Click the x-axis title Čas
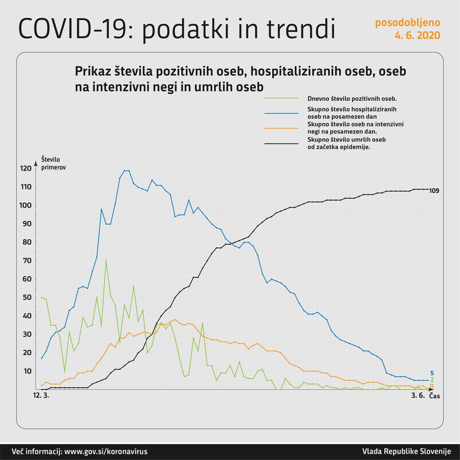(434, 397)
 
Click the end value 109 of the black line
(434, 190)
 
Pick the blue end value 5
(432, 373)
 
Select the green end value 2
(432, 380)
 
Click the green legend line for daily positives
(281, 98)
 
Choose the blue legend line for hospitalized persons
(281, 113)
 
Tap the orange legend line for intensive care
(281, 128)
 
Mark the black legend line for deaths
(281, 143)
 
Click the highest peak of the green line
(106, 259)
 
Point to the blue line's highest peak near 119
(126, 171)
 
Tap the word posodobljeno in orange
(408, 23)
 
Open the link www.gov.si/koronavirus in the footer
(106, 451)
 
